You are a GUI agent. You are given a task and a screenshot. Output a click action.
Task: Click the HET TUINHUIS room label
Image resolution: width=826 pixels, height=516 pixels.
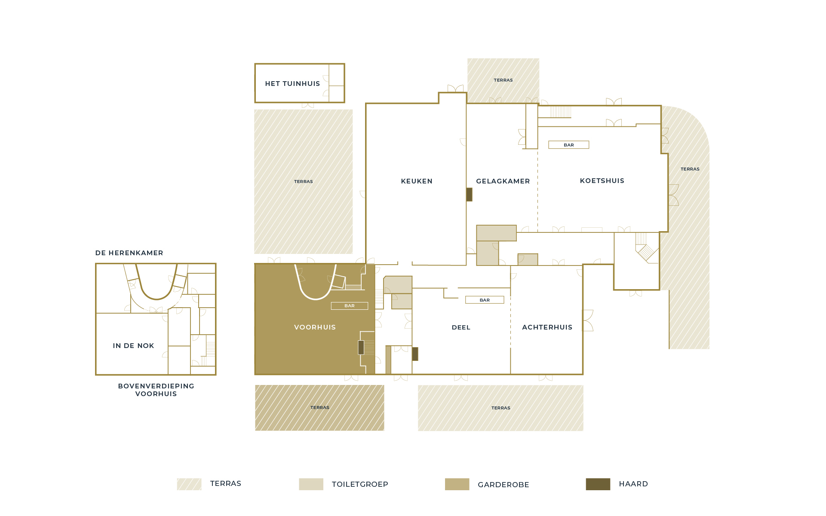tap(292, 84)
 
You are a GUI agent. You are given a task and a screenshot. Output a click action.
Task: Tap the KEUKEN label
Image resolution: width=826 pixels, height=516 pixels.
tap(417, 181)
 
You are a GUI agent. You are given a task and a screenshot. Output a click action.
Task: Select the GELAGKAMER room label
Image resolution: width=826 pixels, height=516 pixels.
tap(503, 181)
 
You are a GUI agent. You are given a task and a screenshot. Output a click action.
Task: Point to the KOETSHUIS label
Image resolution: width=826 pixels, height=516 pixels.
tap(602, 181)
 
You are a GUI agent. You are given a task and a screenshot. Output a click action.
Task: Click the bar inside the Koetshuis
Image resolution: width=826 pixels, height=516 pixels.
tap(569, 145)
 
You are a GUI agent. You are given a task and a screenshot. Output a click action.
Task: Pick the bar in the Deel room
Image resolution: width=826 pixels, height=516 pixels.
tap(485, 300)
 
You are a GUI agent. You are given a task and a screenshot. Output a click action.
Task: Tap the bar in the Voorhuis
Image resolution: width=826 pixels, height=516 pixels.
tap(350, 306)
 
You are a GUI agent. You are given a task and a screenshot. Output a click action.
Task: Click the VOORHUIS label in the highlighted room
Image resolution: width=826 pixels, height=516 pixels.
tap(315, 327)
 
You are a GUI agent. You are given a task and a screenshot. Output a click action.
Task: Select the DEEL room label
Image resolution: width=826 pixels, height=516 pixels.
tap(461, 327)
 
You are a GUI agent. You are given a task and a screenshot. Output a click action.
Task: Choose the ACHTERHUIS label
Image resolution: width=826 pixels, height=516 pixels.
tap(547, 327)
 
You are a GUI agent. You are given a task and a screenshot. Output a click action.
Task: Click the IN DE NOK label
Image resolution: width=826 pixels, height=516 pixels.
tap(133, 346)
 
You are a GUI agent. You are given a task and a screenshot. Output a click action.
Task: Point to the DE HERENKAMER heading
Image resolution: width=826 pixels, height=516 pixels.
tap(129, 253)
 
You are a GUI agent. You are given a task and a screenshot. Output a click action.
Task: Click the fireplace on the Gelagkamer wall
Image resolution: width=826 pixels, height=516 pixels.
tap(470, 195)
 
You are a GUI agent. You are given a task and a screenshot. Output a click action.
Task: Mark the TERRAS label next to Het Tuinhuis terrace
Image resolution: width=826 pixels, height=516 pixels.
tap(304, 182)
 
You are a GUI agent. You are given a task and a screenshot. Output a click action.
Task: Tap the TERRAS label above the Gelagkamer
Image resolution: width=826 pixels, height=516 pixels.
tap(503, 80)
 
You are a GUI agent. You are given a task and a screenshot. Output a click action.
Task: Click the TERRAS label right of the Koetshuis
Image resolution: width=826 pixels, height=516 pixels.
tap(690, 169)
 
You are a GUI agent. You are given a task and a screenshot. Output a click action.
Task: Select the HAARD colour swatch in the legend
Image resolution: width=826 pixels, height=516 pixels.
tap(598, 484)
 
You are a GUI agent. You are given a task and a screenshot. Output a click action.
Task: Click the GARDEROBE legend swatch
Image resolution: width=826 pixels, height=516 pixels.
tap(457, 484)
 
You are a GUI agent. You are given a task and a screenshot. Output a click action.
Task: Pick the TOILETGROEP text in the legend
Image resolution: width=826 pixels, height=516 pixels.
tap(360, 485)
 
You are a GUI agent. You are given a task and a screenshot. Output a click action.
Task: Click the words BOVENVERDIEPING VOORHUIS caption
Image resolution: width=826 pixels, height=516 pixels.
tap(156, 390)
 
